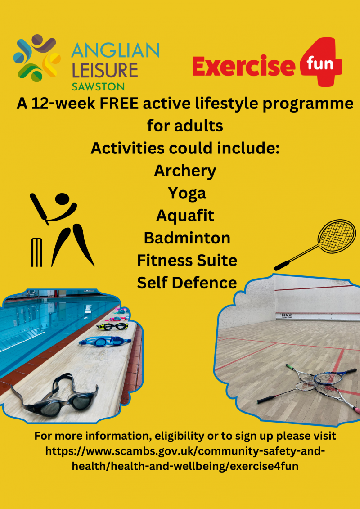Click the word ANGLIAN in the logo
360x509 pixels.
[115, 51]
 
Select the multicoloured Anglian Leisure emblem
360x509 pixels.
[37, 58]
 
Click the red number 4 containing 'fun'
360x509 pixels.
[321, 62]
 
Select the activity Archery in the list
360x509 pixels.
[185, 171]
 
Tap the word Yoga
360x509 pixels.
[187, 194]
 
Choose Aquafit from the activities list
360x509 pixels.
[185, 216]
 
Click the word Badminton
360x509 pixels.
[187, 238]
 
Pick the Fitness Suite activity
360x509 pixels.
[187, 260]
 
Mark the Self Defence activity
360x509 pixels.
[187, 283]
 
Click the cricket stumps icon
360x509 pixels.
[37, 252]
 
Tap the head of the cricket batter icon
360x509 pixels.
[62, 199]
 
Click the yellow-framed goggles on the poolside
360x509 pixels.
[110, 326]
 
